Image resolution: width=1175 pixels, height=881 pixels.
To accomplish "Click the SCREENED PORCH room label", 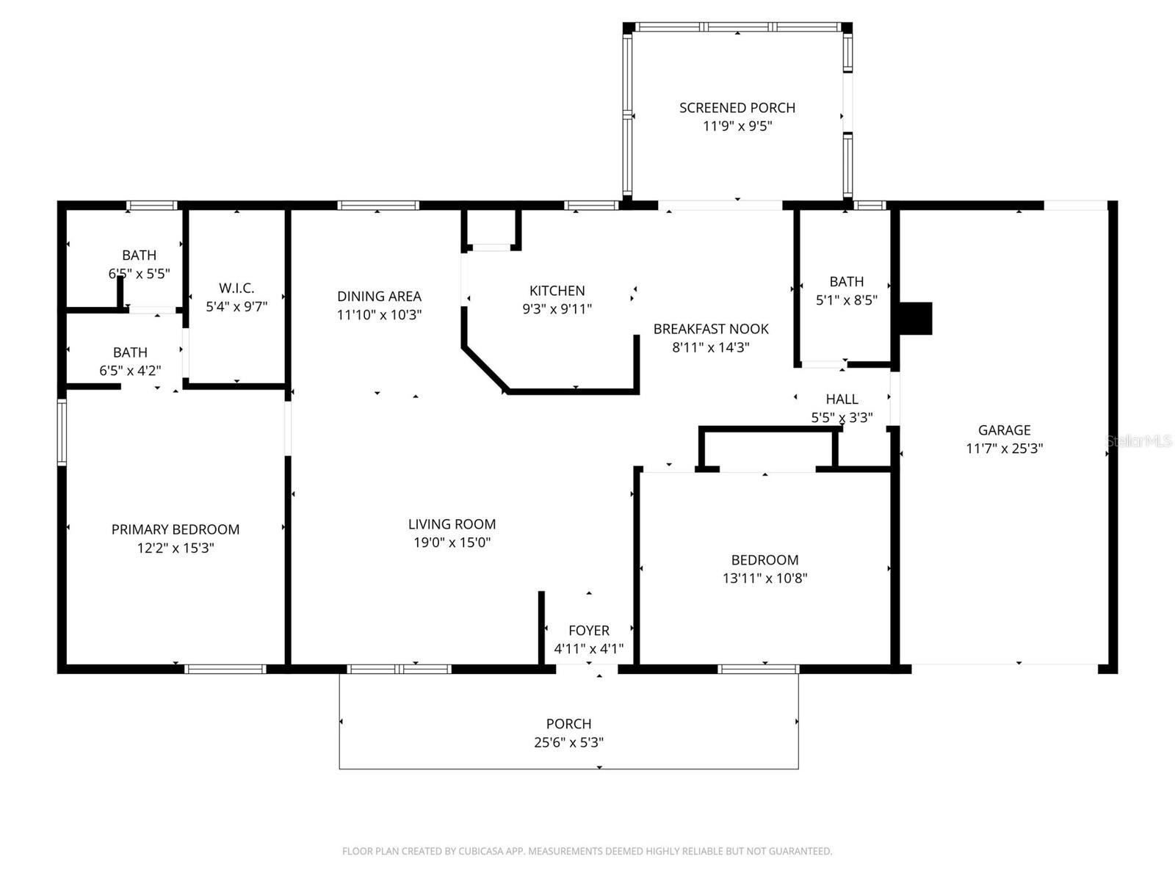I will click(737, 108).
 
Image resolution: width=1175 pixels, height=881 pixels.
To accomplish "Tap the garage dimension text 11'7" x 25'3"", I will click(1004, 449).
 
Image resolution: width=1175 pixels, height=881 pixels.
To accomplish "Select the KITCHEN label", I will click(557, 291).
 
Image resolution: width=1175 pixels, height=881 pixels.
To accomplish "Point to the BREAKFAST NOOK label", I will click(711, 329).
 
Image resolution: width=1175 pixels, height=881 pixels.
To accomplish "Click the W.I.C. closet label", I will click(236, 289).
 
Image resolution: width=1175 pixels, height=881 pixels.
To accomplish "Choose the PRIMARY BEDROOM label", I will click(175, 529).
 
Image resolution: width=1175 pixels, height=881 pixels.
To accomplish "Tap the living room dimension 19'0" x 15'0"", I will click(452, 543).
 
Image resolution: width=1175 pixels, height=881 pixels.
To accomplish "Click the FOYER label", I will click(588, 631).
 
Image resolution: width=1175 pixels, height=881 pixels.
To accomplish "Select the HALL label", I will click(842, 399).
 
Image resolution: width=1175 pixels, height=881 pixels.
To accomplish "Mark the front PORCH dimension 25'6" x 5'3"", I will click(568, 742).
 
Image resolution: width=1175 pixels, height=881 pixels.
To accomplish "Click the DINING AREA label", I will click(379, 297).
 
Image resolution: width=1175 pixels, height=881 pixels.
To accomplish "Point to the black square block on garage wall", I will click(916, 319).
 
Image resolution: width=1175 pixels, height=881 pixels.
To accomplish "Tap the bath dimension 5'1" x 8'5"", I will click(846, 300).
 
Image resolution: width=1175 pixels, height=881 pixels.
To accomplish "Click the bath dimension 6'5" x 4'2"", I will click(130, 371).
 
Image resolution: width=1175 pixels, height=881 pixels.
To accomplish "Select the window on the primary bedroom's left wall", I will click(62, 432).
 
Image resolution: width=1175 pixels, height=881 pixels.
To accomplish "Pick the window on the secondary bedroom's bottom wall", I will click(758, 669).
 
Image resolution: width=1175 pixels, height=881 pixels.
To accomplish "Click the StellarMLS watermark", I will click(1138, 441).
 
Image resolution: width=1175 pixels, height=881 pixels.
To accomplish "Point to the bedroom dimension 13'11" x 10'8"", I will click(764, 579).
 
